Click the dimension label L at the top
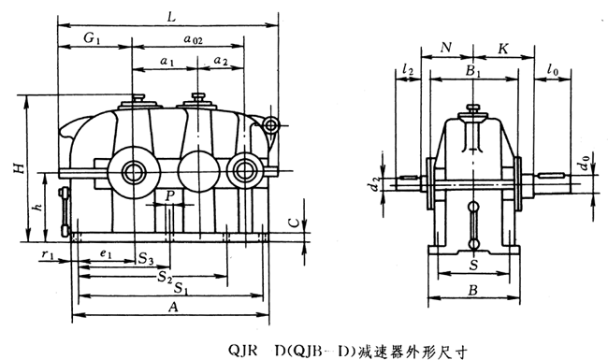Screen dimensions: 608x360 pyautogui.click(x=172, y=17)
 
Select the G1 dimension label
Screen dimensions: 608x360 pyautogui.click(x=92, y=38)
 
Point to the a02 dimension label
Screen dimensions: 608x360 pyautogui.click(x=193, y=38)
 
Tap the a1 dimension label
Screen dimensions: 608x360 pyautogui.click(x=167, y=61)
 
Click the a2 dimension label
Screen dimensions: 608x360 pyautogui.click(x=221, y=61)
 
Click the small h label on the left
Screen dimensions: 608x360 pyautogui.click(x=38, y=207)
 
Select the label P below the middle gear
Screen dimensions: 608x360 pyautogui.click(x=170, y=196)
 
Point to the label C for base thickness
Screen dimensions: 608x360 pyautogui.click(x=295, y=223)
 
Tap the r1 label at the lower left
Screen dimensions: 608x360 pyautogui.click(x=48, y=254)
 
